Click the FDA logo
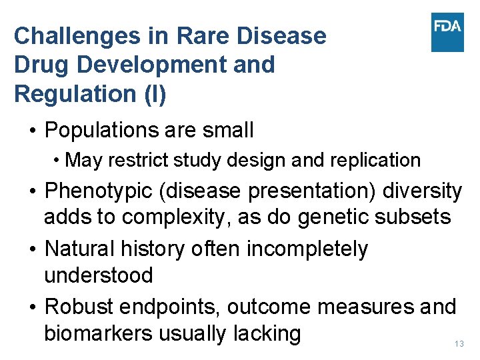tap(447, 32)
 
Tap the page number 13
tap(458, 344)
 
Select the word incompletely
tap(307, 249)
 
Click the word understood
tap(98, 275)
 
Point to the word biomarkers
tap(98, 333)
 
